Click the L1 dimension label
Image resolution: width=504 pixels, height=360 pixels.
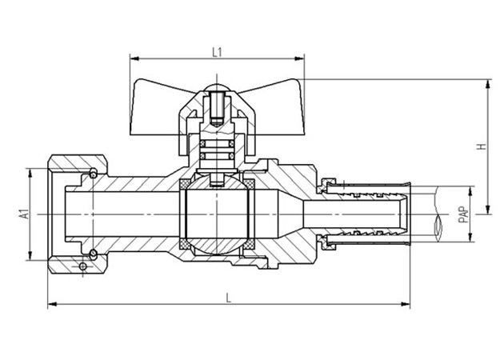pos(216,51)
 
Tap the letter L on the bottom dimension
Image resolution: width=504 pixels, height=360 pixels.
pos(229,298)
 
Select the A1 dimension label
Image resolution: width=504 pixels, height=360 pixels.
pos(23,214)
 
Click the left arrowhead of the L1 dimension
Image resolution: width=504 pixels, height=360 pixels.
pos(133,59)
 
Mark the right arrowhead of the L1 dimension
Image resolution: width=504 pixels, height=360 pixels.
pos(302,59)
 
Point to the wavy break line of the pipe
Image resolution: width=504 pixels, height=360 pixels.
pos(438,214)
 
